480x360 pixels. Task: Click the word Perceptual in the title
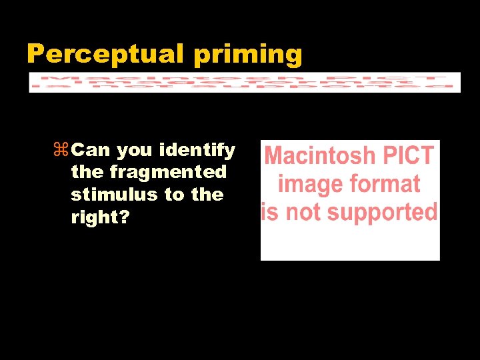click(107, 53)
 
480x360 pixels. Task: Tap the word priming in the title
click(248, 55)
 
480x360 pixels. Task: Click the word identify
click(197, 151)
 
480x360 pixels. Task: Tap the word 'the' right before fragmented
click(87, 172)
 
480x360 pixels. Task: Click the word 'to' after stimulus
click(174, 195)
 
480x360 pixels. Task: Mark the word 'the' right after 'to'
click(207, 195)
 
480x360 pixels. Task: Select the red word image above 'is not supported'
click(308, 185)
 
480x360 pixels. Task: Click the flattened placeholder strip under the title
click(245, 82)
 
